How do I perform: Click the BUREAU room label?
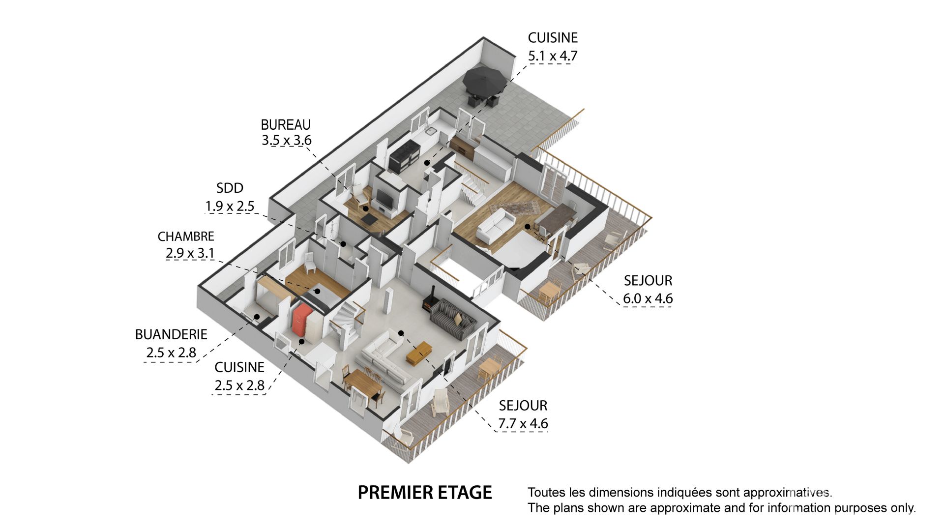point(286,124)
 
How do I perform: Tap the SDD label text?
point(230,188)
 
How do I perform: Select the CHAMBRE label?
point(186,236)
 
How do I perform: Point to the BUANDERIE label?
point(171,334)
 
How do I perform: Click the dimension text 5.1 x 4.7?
point(553,56)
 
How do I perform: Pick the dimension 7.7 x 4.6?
point(523,423)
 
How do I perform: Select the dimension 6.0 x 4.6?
point(648,298)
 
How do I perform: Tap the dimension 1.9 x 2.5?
point(230,206)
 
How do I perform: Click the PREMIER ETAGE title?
point(425,493)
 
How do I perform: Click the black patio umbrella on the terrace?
point(484,80)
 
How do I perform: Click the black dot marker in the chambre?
point(318,292)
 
